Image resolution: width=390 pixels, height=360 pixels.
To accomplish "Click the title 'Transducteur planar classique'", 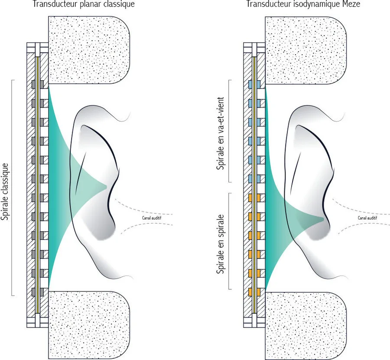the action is [x=84, y=4].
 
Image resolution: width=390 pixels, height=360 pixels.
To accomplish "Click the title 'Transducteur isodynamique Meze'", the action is [x=303, y=4].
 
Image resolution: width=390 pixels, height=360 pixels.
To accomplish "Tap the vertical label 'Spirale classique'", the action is [x=5, y=192].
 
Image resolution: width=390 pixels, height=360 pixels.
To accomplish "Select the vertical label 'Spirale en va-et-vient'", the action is [x=221, y=133].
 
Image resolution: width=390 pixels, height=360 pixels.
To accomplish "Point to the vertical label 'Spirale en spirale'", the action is [x=221, y=244].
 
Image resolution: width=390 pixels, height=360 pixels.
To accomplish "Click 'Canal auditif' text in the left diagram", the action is [x=152, y=218].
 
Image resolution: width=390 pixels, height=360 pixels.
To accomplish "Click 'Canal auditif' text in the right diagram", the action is [x=367, y=218].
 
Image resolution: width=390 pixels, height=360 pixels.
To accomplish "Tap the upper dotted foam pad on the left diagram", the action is [x=89, y=50].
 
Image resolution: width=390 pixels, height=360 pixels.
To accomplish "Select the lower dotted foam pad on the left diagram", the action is [x=89, y=325].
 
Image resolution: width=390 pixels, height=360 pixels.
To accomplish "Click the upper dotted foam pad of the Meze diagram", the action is [x=305, y=50].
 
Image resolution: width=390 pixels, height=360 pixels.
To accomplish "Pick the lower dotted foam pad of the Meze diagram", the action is [x=305, y=325].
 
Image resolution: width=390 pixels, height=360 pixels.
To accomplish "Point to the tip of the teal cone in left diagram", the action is [x=107, y=187].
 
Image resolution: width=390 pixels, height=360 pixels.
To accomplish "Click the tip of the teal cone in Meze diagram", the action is [x=323, y=219].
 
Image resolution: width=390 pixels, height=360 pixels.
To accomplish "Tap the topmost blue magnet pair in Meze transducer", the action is [x=254, y=85].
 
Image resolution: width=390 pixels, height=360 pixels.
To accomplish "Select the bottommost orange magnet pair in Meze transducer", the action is [x=254, y=292].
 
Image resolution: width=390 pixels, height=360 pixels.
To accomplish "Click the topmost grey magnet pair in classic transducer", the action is [x=38, y=85].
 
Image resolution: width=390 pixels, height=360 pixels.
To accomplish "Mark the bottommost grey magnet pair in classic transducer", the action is [x=38, y=292].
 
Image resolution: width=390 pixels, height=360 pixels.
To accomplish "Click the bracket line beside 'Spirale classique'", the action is [x=12, y=188].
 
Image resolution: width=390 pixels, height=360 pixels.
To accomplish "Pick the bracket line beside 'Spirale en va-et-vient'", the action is [x=229, y=131].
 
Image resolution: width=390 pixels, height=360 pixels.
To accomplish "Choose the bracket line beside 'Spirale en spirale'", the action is [x=229, y=241].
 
